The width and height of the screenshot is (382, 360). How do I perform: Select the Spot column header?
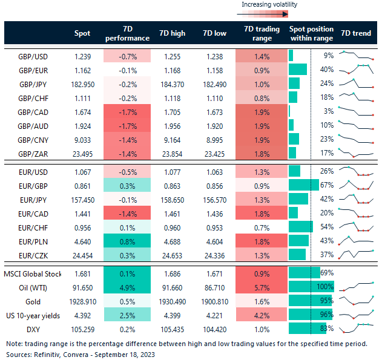[82, 33]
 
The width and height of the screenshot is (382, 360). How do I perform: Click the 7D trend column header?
[357, 33]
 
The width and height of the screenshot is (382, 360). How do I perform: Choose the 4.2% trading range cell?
[262, 313]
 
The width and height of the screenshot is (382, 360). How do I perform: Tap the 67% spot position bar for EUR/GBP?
[303, 185]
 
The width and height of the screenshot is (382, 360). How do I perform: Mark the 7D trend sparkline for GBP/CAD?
[357, 111]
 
